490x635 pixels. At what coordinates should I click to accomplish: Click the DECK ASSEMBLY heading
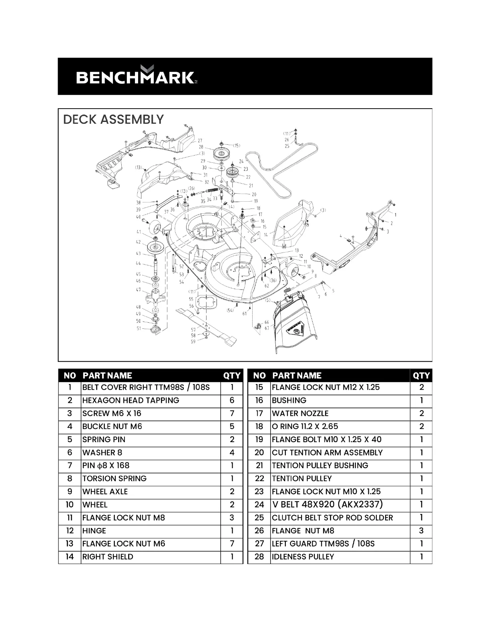(114, 119)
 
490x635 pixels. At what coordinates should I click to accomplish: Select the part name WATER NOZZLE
(300, 413)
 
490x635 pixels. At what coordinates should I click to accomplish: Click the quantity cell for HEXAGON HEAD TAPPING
(232, 400)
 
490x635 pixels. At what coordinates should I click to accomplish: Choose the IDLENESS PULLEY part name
(303, 556)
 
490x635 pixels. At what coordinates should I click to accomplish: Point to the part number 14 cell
(70, 556)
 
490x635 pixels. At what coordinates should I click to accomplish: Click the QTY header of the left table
(232, 376)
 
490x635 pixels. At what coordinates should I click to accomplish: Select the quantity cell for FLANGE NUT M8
(421, 530)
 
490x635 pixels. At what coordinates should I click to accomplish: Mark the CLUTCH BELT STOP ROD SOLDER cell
(332, 518)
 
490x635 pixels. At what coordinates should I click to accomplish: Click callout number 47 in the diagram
(138, 290)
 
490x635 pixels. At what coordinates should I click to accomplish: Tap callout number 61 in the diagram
(244, 314)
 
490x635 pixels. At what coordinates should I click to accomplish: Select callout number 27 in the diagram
(200, 141)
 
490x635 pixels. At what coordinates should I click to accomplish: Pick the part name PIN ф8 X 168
(106, 465)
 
